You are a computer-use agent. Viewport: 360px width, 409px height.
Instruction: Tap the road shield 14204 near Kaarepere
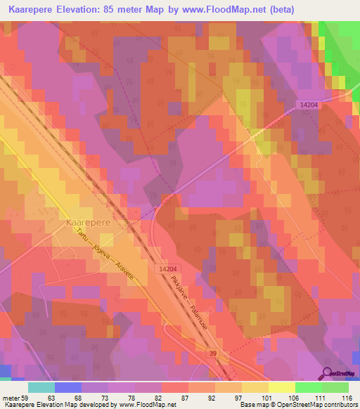[x=168, y=269]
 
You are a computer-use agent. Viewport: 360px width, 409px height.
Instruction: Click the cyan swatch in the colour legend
[x=41, y=387]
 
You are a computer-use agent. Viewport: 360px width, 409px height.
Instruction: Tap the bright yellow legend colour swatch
[x=282, y=387]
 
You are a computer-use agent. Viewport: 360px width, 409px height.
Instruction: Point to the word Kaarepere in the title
[x=37, y=9]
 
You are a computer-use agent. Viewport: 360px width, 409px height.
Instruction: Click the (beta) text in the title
[x=295, y=9]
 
